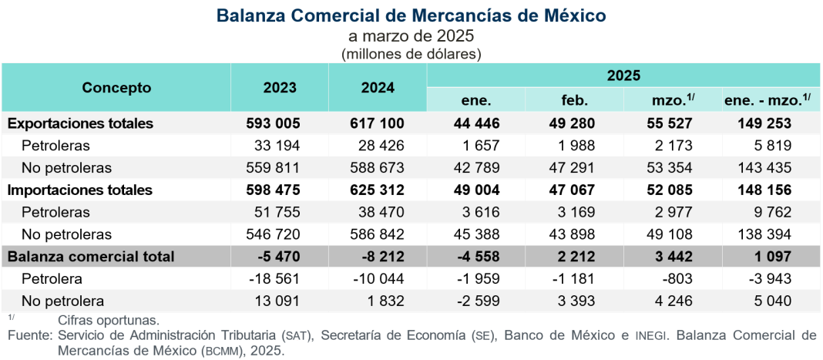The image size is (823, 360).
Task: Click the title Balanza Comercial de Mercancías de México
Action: click(411, 15)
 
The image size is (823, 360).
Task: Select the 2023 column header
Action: click(279, 88)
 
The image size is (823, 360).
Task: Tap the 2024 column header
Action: click(378, 88)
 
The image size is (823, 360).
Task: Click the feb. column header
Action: click(575, 100)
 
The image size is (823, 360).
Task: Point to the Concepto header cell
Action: click(116, 88)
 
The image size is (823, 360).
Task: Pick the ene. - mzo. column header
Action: click(771, 100)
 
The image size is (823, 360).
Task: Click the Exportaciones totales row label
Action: click(80, 123)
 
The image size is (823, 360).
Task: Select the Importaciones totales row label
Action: click(80, 190)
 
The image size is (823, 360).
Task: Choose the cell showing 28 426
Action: click(378, 146)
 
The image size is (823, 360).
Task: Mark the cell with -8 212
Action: click(378, 257)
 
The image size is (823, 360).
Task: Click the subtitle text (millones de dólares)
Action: click(411, 54)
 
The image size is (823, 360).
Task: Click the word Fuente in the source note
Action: click(28, 335)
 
